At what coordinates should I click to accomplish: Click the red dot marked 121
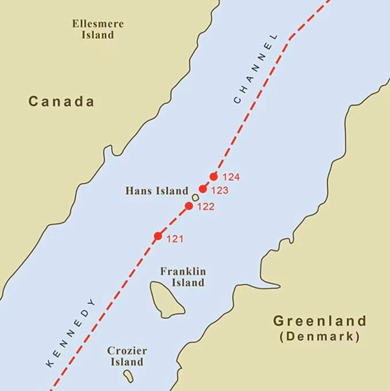(158, 236)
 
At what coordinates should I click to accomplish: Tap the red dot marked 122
(189, 206)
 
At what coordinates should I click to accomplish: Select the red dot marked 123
(202, 189)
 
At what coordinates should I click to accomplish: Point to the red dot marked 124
(214, 177)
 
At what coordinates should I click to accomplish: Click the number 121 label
(175, 239)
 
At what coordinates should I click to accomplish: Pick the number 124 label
(231, 177)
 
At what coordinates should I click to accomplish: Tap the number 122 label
(205, 207)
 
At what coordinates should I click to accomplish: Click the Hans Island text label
(157, 191)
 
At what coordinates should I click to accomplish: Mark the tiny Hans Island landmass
(196, 197)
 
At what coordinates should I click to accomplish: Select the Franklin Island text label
(183, 277)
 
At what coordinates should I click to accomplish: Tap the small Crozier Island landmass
(128, 376)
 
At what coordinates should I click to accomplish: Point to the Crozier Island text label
(127, 356)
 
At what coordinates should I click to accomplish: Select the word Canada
(61, 102)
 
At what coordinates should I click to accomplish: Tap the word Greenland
(319, 320)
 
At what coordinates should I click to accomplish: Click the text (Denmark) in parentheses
(319, 337)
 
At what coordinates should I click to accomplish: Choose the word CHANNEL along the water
(256, 69)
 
